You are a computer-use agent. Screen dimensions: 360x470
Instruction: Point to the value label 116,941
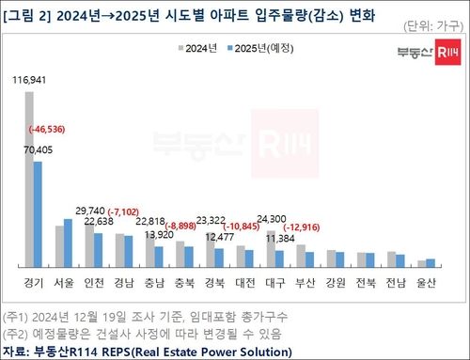pos(30,83)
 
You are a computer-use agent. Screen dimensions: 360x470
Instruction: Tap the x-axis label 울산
pos(425,282)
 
